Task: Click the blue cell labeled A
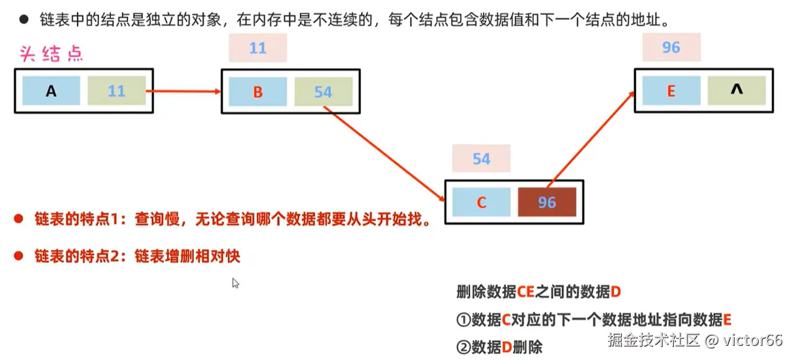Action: [x=51, y=91]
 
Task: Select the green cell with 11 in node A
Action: [x=116, y=91]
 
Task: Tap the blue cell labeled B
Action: [x=258, y=92]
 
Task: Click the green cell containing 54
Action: [x=323, y=92]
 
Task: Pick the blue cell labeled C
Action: [x=481, y=202]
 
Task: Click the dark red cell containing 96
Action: [x=547, y=202]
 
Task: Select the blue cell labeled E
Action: [x=671, y=90]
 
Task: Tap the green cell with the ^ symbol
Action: [x=736, y=90]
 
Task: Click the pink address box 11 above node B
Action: [x=258, y=48]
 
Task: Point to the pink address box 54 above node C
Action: [x=481, y=159]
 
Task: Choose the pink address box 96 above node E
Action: [x=671, y=47]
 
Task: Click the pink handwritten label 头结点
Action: [x=51, y=54]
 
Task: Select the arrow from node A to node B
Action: [x=183, y=92]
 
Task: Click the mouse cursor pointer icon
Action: [x=235, y=283]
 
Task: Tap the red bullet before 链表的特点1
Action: [x=19, y=219]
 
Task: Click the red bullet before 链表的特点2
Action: [x=19, y=256]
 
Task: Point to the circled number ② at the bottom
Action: [x=463, y=347]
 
